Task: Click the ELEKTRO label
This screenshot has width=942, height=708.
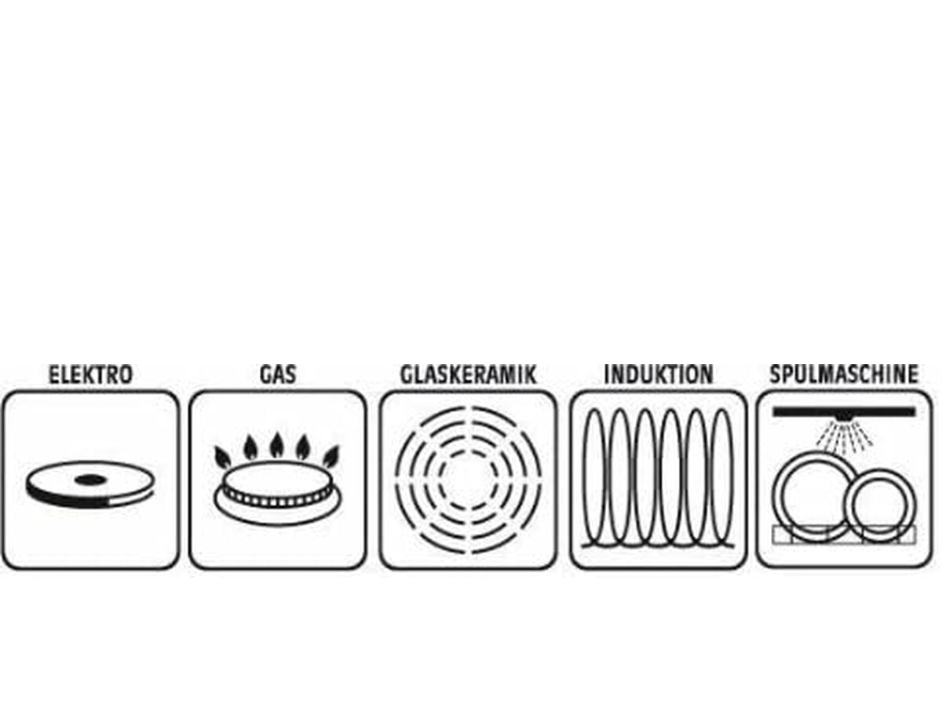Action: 90,374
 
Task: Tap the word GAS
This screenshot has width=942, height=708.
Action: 278,374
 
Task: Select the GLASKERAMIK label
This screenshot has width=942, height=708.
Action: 468,374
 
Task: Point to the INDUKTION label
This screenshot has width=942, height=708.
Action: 658,374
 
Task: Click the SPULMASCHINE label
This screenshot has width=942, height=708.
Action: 844,374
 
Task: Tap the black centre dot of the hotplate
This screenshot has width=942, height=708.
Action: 89,479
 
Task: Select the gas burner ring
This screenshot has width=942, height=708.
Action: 277,495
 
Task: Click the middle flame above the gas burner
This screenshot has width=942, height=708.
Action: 277,446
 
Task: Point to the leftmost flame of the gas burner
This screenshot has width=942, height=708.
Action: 223,456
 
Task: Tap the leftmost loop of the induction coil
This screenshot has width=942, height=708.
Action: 596,477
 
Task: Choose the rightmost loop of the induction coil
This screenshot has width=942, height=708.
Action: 722,477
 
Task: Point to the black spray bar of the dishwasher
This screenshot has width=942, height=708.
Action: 844,411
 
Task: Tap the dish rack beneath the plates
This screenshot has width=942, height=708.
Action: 844,535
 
